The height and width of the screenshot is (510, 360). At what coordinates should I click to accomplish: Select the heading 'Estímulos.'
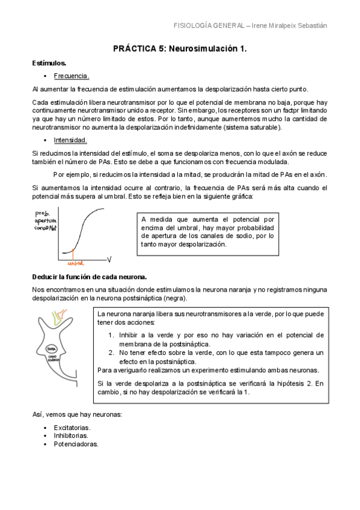coord(49,63)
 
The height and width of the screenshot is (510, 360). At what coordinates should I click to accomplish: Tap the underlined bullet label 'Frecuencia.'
coord(72,76)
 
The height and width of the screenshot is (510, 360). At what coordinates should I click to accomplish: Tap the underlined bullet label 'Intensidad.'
coord(70,141)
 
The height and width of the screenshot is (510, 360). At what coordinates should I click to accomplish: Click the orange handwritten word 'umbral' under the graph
coord(76,263)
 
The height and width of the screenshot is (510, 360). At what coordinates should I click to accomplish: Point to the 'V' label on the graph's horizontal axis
coord(110,259)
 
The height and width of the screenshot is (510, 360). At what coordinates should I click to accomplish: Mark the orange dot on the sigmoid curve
coord(73,249)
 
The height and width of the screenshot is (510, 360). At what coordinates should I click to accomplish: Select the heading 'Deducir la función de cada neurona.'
coord(90,276)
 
